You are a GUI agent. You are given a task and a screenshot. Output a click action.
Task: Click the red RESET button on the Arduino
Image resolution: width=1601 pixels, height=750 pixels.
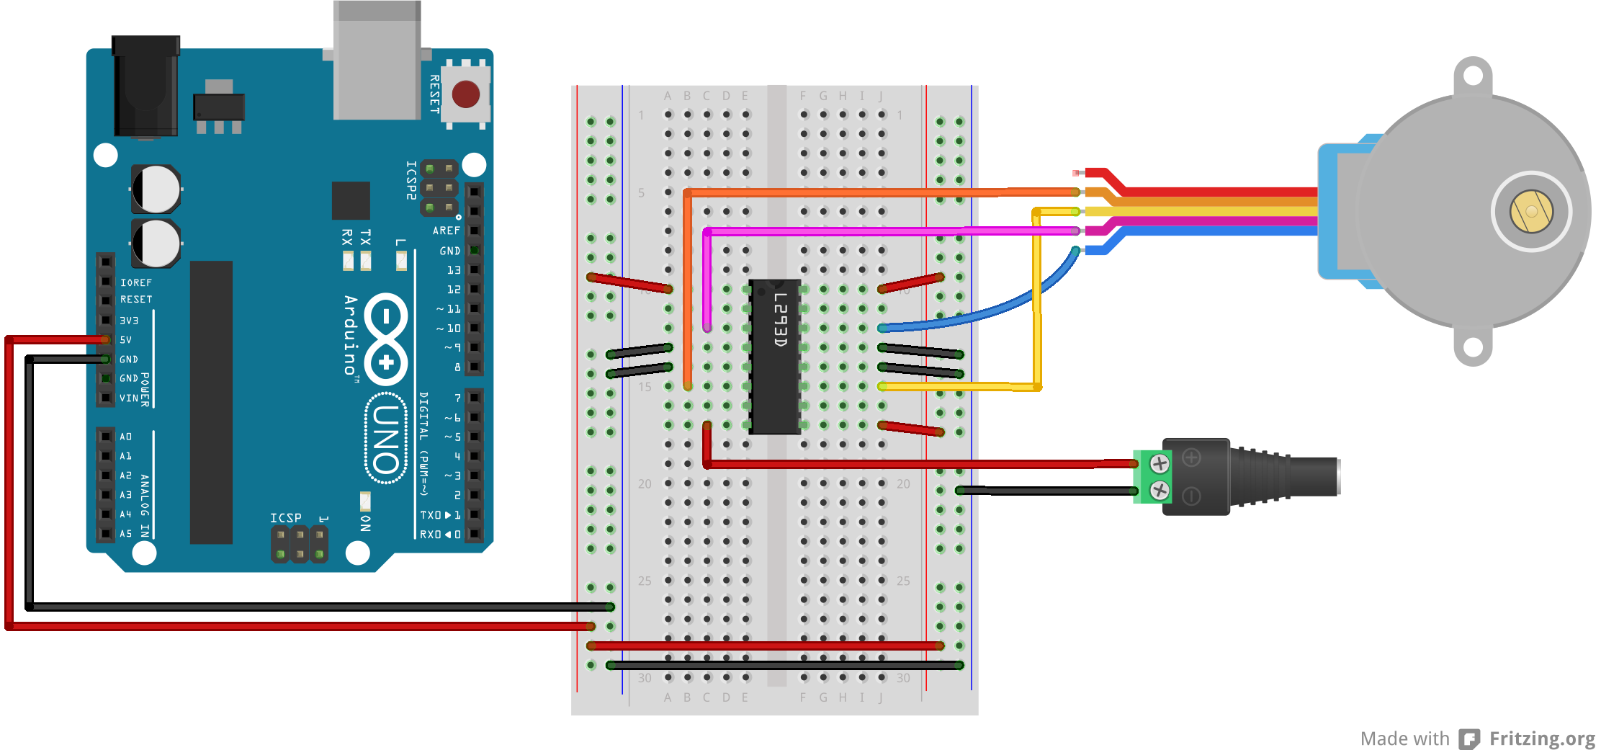(465, 94)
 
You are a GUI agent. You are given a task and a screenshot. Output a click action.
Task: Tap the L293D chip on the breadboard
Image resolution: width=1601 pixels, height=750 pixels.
(774, 357)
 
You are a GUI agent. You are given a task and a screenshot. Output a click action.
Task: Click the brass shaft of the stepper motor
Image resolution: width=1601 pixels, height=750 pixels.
(1531, 211)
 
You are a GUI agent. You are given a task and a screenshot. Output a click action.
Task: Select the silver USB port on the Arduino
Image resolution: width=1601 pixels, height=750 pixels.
(377, 61)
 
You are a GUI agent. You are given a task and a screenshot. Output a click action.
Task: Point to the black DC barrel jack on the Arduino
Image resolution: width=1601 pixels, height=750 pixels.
(145, 86)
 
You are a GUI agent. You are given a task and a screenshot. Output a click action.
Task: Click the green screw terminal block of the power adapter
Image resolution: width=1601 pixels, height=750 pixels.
(1152, 476)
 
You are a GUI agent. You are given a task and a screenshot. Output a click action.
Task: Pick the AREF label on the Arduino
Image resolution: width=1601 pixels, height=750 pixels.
(446, 231)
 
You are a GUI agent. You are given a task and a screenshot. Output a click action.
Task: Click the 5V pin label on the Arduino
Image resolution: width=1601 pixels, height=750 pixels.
(126, 339)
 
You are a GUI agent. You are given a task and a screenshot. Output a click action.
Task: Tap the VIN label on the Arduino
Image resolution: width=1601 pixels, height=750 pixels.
(129, 398)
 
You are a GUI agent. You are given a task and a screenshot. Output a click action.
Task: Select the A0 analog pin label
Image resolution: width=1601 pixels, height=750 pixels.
(126, 437)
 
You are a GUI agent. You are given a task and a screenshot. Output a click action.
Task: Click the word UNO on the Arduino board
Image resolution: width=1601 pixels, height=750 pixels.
(387, 438)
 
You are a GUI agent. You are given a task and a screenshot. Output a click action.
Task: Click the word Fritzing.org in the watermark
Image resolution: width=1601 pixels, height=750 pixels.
(1542, 738)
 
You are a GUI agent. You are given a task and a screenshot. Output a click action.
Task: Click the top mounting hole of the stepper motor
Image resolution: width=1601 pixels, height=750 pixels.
(1473, 75)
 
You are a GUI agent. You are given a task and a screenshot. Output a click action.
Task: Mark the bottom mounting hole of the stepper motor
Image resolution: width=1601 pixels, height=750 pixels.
(1473, 347)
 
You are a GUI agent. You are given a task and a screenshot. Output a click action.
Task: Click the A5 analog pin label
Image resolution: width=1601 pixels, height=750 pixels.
(126, 534)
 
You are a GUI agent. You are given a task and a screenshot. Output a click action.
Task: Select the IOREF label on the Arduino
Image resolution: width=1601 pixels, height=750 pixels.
(135, 282)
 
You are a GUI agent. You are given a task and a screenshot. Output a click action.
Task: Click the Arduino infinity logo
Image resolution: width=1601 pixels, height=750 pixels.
(386, 338)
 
